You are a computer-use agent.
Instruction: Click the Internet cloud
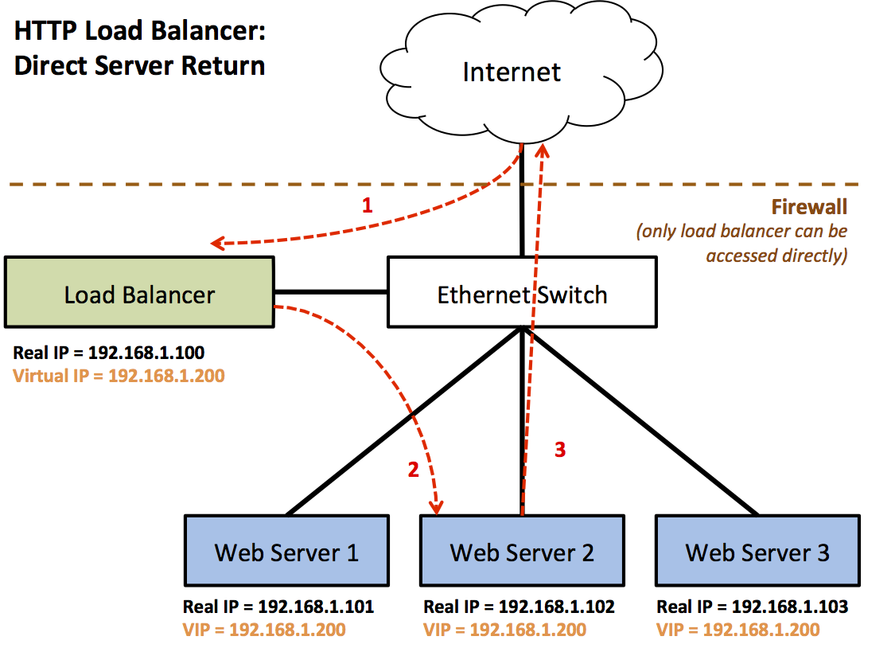click(x=512, y=73)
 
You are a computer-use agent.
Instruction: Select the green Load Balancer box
click(x=139, y=292)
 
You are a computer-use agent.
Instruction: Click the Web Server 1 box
click(x=286, y=550)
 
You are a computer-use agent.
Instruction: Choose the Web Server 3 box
click(x=757, y=550)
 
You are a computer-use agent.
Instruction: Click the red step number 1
click(x=367, y=206)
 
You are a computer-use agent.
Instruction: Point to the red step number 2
click(x=413, y=470)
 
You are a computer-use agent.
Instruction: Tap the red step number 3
click(x=560, y=450)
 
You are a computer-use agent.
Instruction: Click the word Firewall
click(x=809, y=208)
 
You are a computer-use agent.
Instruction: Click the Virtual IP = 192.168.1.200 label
click(x=119, y=375)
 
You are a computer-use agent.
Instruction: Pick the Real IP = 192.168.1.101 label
click(x=278, y=607)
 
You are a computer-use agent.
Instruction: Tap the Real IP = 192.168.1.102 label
click(x=519, y=607)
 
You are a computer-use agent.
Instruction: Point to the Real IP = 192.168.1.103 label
click(x=752, y=607)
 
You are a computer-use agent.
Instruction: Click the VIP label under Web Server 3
click(x=737, y=630)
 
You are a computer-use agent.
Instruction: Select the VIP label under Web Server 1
click(x=264, y=630)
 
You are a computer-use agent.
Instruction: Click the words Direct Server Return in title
click(x=140, y=65)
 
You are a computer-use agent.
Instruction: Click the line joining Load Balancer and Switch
click(x=331, y=292)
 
